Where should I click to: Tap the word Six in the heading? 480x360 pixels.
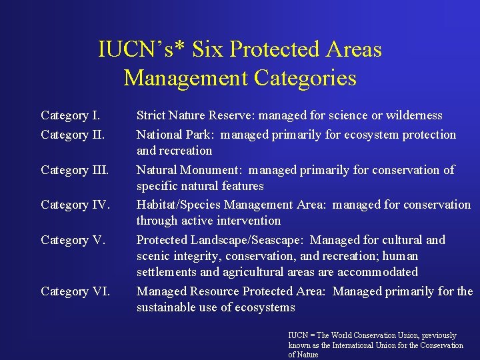(203, 49)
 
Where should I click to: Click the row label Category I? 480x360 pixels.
(70, 116)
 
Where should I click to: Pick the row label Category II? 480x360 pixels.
(73, 135)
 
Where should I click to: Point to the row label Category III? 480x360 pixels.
(75, 170)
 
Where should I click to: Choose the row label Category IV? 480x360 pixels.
(75, 205)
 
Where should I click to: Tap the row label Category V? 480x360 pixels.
(73, 240)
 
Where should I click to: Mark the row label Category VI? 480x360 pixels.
(75, 291)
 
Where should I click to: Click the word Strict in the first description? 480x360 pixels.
(153, 116)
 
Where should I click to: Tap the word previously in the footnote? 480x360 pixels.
(437, 335)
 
